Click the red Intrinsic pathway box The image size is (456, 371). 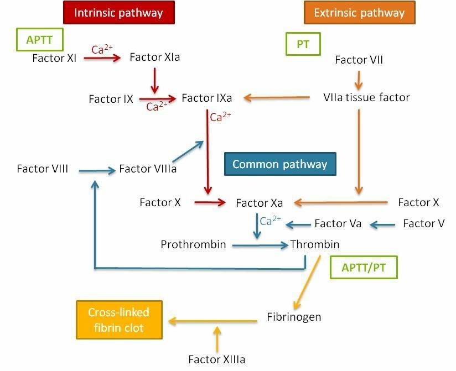(x=119, y=12)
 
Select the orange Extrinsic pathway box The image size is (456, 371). (x=359, y=12)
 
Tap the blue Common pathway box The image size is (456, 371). (x=279, y=164)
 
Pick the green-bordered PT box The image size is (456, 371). (x=303, y=45)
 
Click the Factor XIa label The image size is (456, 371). (x=154, y=57)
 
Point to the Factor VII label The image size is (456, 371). (x=359, y=60)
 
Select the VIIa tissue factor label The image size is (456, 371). (x=366, y=98)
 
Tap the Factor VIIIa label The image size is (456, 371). (x=148, y=169)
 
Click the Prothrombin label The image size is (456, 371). (x=193, y=244)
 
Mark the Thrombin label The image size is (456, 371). (x=315, y=244)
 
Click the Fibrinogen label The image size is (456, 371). (x=294, y=317)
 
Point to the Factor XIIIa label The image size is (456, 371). (x=216, y=359)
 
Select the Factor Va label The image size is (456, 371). (x=338, y=224)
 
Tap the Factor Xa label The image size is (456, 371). (x=260, y=203)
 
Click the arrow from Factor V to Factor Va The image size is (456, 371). (x=382, y=224)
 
